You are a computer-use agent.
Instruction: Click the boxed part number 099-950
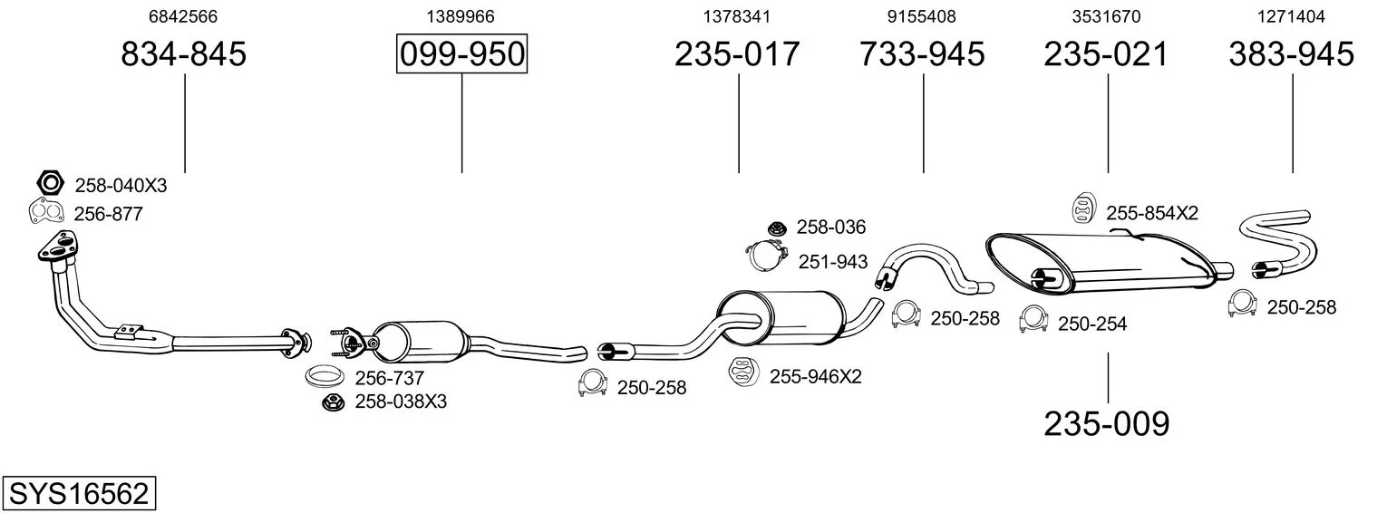point(462,53)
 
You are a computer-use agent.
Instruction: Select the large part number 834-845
point(184,53)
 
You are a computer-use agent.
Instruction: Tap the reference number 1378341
point(737,16)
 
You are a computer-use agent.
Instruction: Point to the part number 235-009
point(1107,424)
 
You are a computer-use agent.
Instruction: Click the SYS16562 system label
point(79,494)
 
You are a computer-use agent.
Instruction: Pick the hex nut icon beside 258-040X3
point(50,183)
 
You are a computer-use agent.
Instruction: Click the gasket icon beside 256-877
point(46,212)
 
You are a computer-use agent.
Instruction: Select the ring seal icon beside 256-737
point(325,375)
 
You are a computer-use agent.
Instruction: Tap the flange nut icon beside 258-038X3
point(333,402)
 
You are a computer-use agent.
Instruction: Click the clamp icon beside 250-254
point(1033,320)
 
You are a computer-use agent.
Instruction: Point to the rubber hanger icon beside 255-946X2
point(743,372)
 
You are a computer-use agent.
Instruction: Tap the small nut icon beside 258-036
point(777,227)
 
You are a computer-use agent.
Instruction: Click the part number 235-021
point(1106,53)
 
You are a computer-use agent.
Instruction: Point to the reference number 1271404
point(1291,16)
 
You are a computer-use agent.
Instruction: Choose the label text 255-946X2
point(816,376)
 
